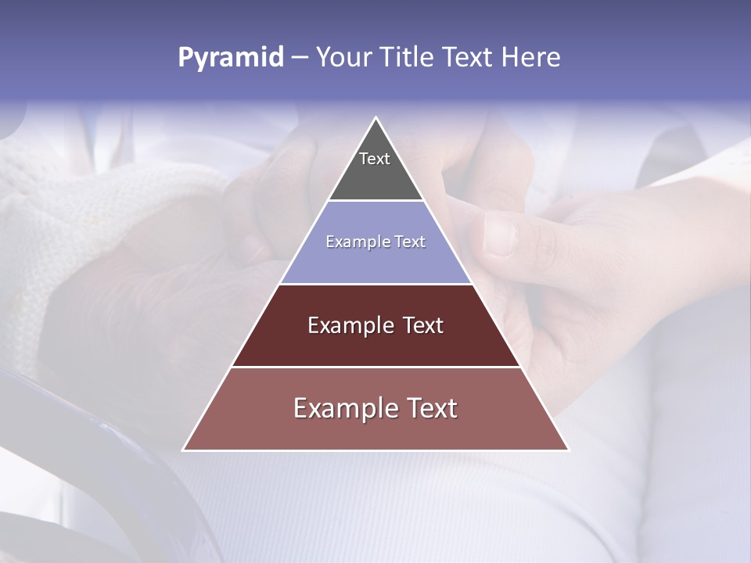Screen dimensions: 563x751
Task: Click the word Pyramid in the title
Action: [230, 58]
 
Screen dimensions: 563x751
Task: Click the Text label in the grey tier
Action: [374, 159]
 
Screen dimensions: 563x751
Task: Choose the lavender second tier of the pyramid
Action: [375, 262]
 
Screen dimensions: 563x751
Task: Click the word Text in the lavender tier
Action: [410, 242]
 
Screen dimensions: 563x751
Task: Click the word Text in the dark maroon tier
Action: [424, 325]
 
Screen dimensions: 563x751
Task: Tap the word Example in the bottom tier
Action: [343, 408]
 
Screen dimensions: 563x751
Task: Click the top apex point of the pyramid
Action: [376, 120]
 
